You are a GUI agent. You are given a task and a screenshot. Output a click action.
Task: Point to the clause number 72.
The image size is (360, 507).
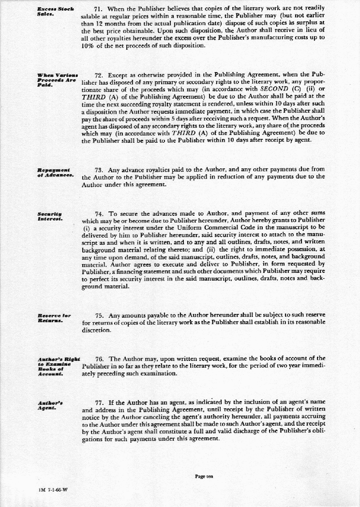pos(100,75)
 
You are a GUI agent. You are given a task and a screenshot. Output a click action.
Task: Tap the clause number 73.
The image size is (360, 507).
pos(99,170)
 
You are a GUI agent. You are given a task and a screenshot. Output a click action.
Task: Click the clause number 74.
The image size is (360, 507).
pos(99,213)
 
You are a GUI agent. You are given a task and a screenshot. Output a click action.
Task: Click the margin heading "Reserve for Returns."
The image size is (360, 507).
pos(54,318)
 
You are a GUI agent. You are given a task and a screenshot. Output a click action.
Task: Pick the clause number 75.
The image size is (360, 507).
pos(99,315)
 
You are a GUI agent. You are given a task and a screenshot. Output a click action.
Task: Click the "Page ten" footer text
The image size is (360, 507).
pos(204,477)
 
